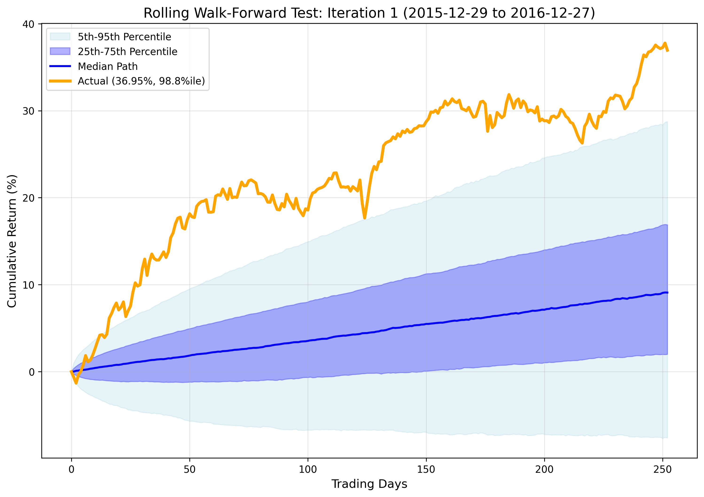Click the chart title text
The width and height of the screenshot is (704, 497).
click(369, 13)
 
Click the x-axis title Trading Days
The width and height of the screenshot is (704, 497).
click(369, 484)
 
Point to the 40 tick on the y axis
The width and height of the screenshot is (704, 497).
click(28, 24)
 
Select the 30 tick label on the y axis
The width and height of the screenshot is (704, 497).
click(28, 111)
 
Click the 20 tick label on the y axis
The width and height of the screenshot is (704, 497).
click(28, 198)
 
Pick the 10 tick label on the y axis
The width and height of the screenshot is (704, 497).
click(28, 285)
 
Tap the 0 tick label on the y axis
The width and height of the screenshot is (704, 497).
click(31, 372)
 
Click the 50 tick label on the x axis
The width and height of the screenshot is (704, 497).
click(189, 469)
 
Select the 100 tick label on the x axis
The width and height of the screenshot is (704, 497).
click(308, 469)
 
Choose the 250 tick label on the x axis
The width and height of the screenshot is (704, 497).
click(663, 469)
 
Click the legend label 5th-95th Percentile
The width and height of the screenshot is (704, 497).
click(124, 37)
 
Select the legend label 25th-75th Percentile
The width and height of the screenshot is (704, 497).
click(127, 52)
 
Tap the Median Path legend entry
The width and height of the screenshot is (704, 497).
click(108, 66)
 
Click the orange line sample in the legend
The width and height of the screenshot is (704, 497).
click(60, 81)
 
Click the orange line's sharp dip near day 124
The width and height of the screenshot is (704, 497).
click(365, 218)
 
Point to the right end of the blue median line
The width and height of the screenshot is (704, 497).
click(667, 293)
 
